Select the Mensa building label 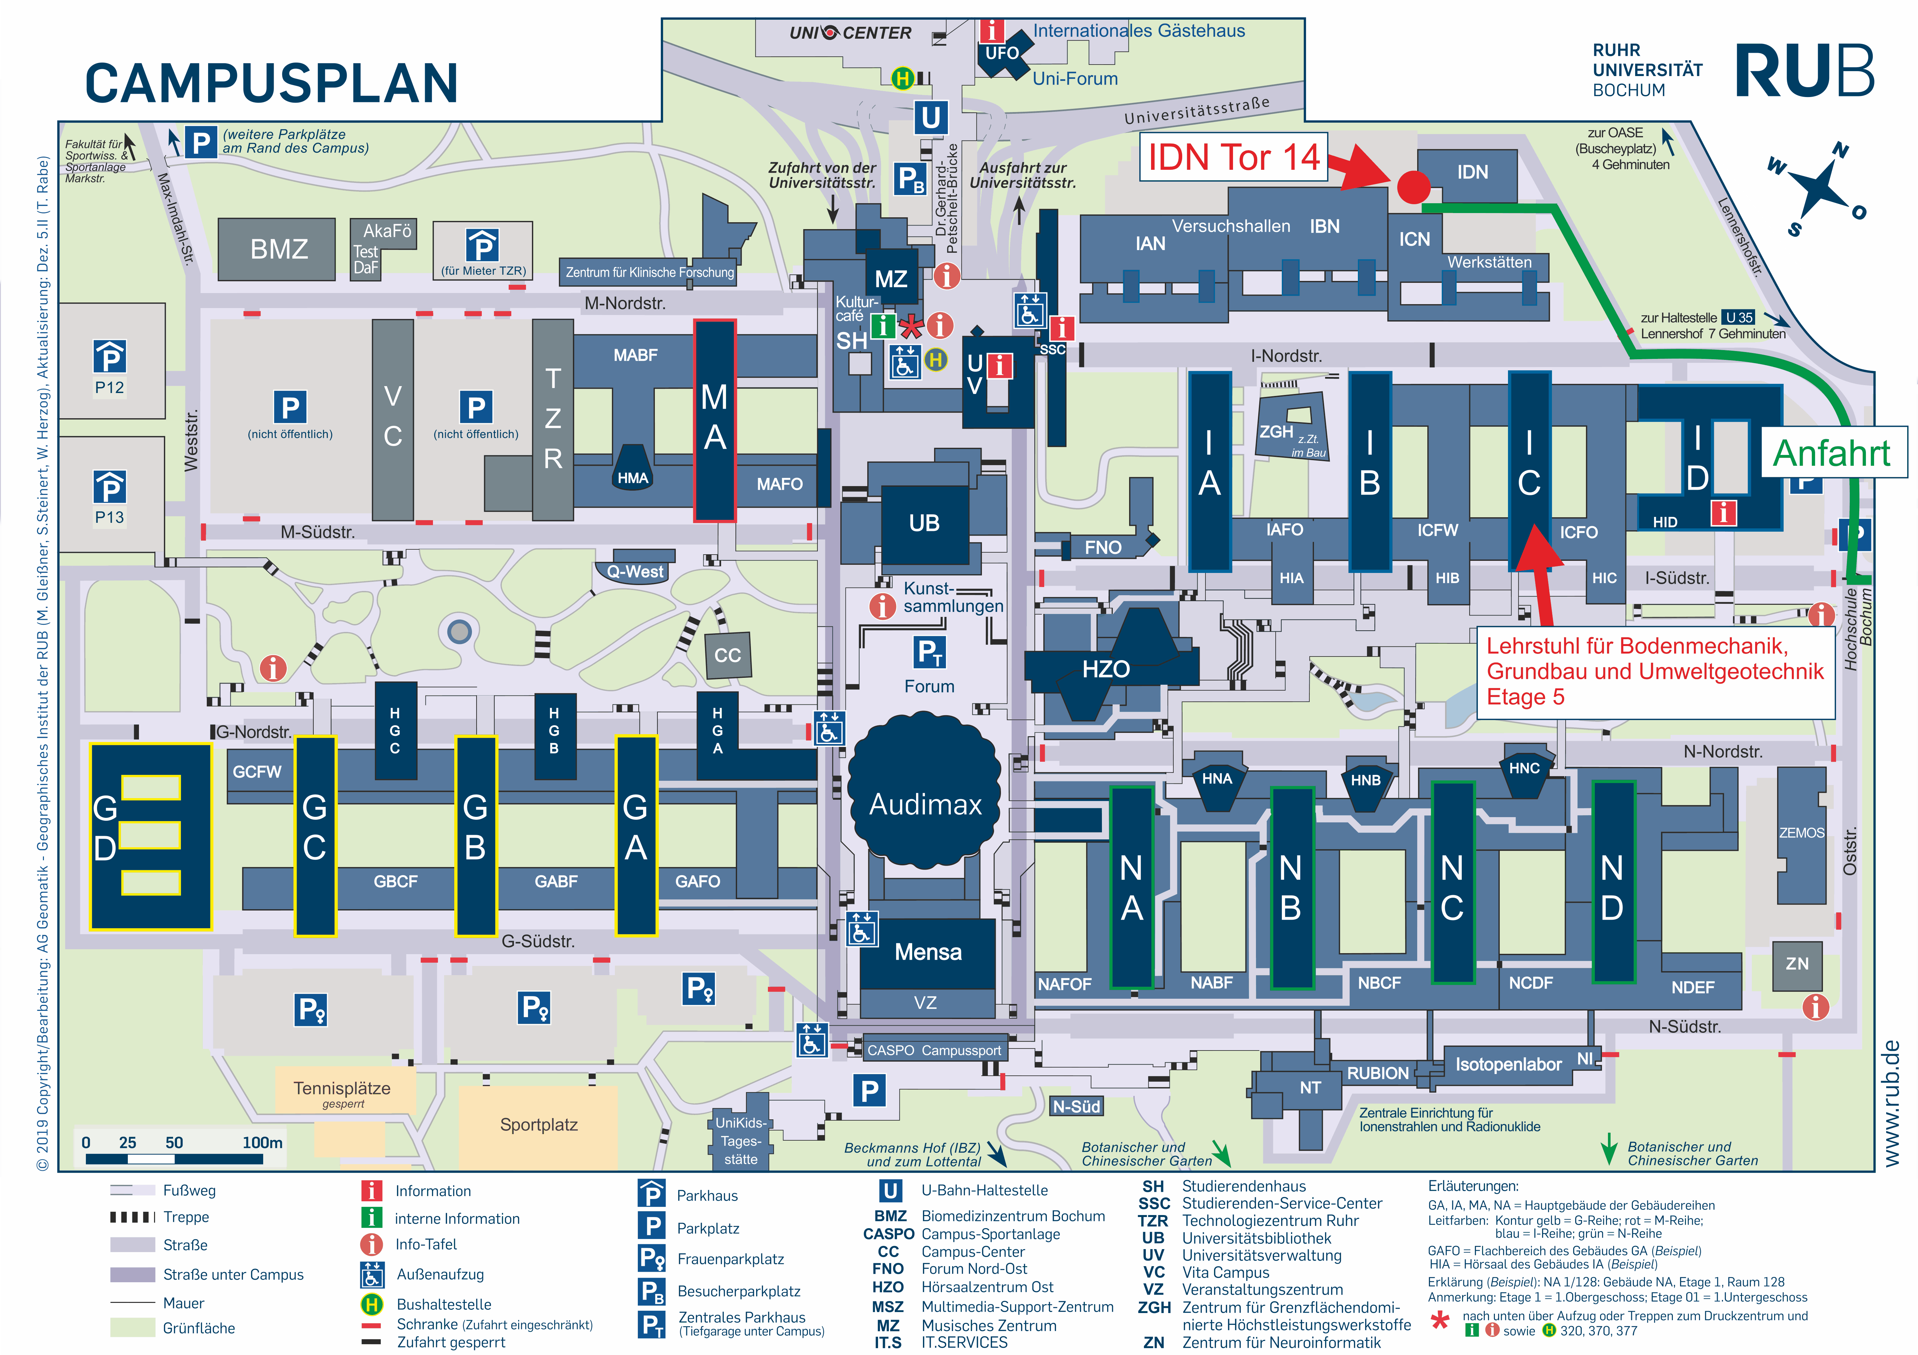[x=928, y=952]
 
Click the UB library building [x=925, y=524]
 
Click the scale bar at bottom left [x=174, y=1159]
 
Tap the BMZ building [x=277, y=249]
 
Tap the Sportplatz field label [x=539, y=1125]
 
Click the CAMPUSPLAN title [x=271, y=83]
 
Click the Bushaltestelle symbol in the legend [x=371, y=1304]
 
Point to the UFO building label [x=1002, y=53]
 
